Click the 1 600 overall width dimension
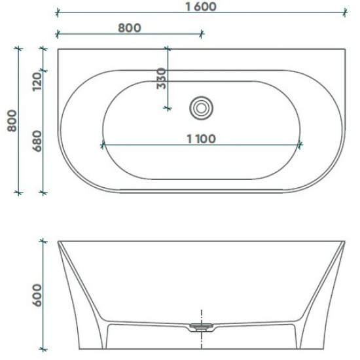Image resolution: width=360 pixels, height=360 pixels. tap(201, 7)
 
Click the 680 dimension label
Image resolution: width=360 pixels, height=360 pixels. tap(37, 141)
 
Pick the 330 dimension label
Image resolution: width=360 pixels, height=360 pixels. tap(161, 80)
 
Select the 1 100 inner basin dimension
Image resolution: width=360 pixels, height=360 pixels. tap(201, 138)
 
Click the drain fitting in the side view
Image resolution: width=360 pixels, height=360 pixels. tap(200, 325)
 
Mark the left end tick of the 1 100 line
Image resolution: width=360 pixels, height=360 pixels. tap(102, 145)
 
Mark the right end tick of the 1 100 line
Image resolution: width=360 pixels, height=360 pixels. tap(300, 145)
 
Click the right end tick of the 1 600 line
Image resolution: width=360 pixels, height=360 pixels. tap(344, 12)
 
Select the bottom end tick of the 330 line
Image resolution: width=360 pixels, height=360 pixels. tap(168, 108)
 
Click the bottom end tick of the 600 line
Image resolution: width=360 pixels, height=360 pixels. tap(44, 348)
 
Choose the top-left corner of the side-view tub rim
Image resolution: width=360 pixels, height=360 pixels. tap(58, 242)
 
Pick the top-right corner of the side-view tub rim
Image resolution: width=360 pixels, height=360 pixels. tap(344, 242)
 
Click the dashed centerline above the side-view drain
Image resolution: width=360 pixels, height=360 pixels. tap(200, 314)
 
